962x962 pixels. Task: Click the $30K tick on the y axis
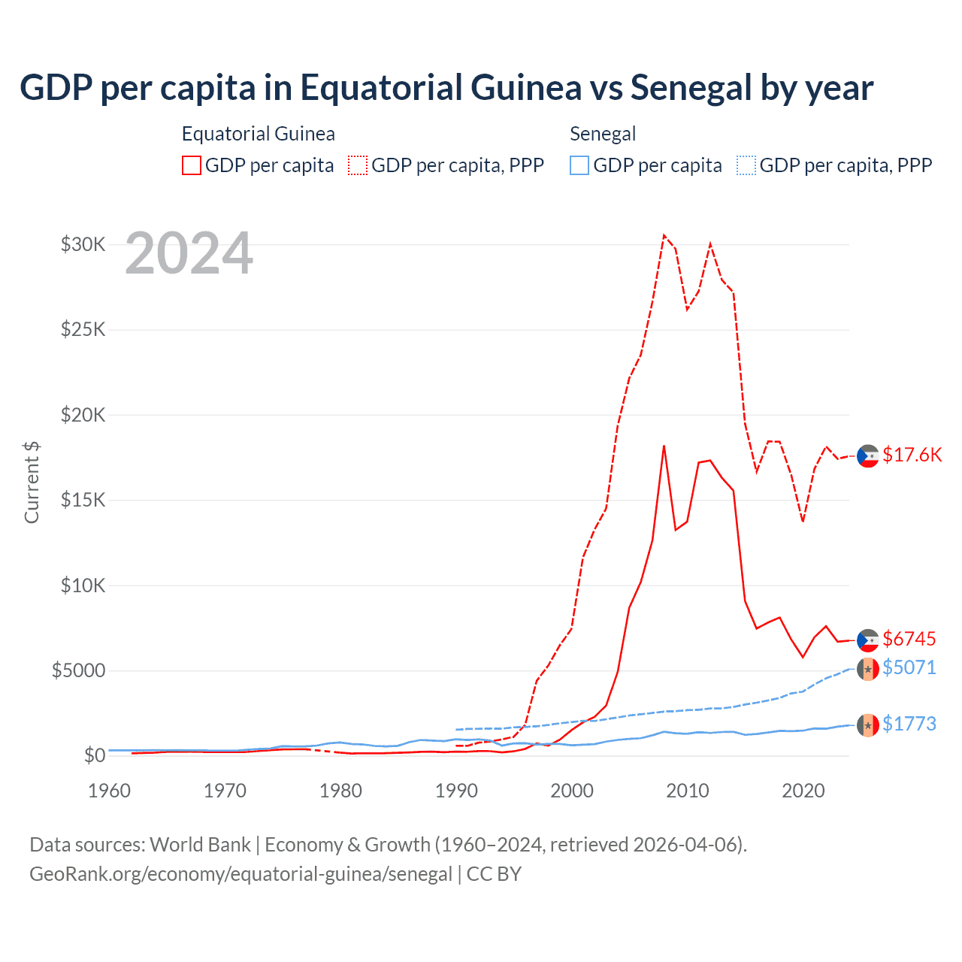(x=83, y=244)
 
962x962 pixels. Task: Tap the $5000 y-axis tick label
(x=78, y=670)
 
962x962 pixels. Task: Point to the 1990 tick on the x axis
(x=456, y=791)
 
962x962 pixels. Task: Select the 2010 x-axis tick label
(x=688, y=791)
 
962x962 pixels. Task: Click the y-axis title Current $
(x=32, y=483)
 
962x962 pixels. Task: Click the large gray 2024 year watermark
(x=189, y=254)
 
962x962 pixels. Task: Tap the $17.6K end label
(x=912, y=455)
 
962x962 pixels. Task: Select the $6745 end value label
(x=909, y=639)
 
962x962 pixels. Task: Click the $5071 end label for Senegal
(x=909, y=667)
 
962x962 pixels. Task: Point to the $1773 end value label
(x=909, y=724)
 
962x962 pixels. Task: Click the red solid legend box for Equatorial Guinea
(x=192, y=165)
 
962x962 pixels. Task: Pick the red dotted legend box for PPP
(x=358, y=165)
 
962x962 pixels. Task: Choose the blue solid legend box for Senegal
(x=579, y=165)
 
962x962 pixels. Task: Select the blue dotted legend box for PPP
(x=746, y=165)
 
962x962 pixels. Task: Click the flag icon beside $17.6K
(x=868, y=455)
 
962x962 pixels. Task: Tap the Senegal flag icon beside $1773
(x=868, y=725)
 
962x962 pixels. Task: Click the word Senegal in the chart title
(x=691, y=87)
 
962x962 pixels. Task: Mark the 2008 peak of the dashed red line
(x=664, y=235)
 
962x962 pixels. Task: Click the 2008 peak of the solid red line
(x=664, y=446)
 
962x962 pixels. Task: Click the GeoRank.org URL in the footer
(x=240, y=874)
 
